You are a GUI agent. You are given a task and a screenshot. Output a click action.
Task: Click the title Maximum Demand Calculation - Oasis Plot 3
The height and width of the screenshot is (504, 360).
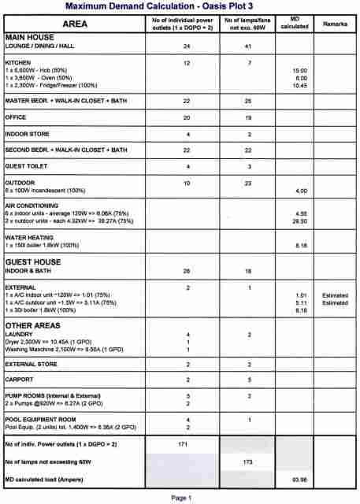point(180,6)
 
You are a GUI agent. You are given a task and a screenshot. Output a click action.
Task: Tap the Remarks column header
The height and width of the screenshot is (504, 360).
point(334,24)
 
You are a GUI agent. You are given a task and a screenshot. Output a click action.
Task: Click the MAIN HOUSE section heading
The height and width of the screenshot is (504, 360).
point(30,37)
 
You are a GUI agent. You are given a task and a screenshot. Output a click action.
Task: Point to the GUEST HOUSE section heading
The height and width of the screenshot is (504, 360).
point(35,261)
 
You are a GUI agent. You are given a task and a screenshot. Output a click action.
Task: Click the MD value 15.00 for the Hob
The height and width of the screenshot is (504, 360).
point(299,70)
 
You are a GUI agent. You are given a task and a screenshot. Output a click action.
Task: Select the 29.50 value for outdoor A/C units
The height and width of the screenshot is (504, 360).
point(299,222)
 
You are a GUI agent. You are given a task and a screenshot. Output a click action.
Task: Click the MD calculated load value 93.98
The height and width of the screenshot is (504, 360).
point(299,478)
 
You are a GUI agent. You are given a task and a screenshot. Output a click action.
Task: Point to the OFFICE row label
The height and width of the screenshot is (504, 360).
point(17,117)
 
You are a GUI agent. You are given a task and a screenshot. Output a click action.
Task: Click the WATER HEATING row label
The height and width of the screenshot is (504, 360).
point(31,238)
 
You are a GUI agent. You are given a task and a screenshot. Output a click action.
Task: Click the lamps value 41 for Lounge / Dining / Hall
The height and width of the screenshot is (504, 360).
point(247,46)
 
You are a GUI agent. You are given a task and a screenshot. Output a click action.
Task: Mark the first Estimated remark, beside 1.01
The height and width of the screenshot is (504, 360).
point(334,295)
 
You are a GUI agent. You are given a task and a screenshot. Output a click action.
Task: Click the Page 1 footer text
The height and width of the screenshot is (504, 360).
point(180,497)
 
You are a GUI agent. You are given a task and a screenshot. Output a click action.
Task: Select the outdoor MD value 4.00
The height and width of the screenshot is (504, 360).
point(300,191)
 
